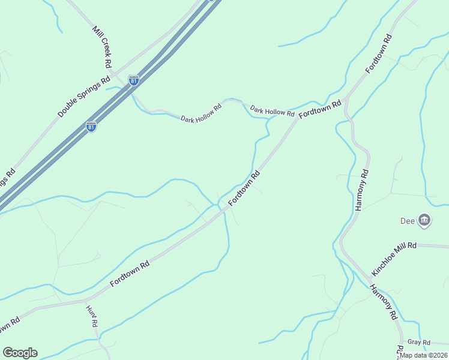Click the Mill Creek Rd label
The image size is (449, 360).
pos(103,46)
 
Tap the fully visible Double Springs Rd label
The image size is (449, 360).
pos(83,97)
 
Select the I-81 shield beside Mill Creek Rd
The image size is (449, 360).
pos(133,79)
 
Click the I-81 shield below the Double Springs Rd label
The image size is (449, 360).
pos(91,127)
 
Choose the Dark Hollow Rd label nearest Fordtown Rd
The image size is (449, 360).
pos(272,111)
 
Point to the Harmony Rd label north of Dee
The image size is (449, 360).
pos(362,189)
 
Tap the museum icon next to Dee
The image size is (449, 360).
pos(424,220)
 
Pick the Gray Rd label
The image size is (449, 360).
pos(419,342)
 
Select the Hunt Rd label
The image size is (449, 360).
pos(92,317)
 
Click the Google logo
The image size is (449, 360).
pos(20,352)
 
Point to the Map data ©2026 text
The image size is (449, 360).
pos(424,355)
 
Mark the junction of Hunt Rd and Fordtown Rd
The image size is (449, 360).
pos(86,298)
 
